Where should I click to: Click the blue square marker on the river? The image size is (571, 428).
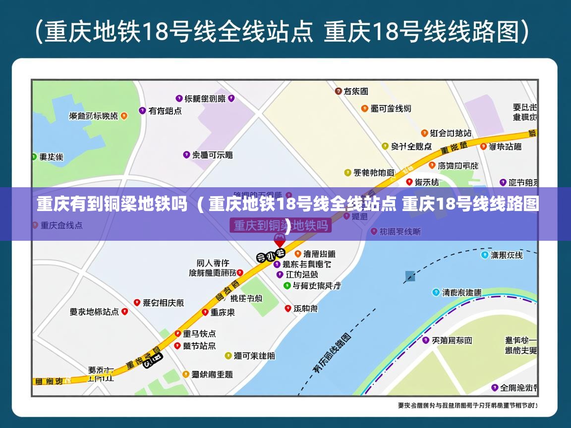[x=410, y=276]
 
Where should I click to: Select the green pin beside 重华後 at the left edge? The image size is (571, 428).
[x=34, y=157]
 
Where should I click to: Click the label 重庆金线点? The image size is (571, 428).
[x=61, y=225]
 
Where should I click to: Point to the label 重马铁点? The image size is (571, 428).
[x=199, y=334]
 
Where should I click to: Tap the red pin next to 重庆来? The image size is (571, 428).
[x=205, y=312]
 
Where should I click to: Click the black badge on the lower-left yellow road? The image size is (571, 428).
[x=153, y=361]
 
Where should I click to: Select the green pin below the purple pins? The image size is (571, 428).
[x=286, y=286]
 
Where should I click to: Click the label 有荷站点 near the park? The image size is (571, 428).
[x=165, y=111]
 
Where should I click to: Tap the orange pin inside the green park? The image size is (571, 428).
[x=124, y=116]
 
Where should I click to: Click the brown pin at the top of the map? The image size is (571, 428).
[x=339, y=91]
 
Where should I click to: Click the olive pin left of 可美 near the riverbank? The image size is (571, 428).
[x=228, y=356]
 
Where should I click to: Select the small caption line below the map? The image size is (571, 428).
[x=467, y=406]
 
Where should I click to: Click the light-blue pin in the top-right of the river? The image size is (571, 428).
[x=484, y=255]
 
